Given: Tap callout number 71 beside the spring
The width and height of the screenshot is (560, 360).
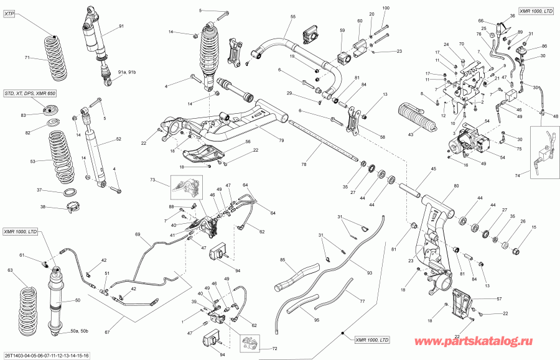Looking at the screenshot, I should (27, 58).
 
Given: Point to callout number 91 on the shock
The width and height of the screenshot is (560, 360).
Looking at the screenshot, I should (121, 25).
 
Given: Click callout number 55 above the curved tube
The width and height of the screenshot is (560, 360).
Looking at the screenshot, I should (293, 16).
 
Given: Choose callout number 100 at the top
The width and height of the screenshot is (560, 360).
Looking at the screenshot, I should (385, 7).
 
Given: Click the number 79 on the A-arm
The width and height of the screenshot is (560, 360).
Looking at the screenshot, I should (281, 141).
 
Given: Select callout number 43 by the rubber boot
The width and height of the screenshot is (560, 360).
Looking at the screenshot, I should (410, 135).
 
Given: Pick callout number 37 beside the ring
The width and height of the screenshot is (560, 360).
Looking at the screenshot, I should (39, 190).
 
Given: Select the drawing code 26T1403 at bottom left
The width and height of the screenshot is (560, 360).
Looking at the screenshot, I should (47, 356).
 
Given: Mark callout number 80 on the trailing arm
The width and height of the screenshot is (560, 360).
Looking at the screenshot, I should (456, 186).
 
